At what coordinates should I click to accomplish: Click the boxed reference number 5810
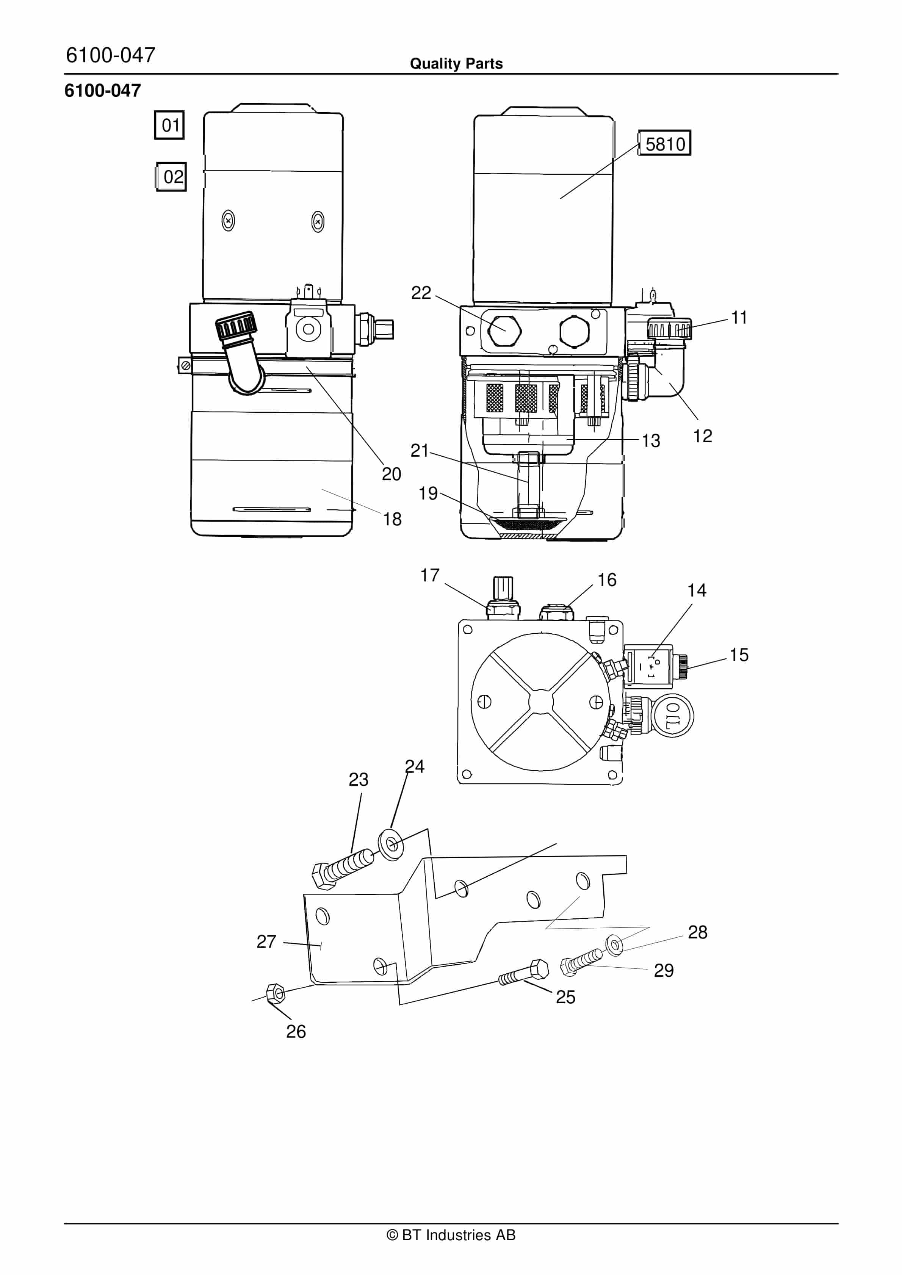pyautogui.click(x=664, y=143)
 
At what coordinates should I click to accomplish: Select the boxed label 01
pyautogui.click(x=169, y=125)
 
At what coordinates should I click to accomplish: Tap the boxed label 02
pyautogui.click(x=171, y=177)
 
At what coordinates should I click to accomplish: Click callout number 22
pyautogui.click(x=421, y=293)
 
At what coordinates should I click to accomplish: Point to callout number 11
pyautogui.click(x=739, y=318)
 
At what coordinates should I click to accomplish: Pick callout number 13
pyautogui.click(x=651, y=440)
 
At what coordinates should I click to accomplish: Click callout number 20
pyautogui.click(x=391, y=474)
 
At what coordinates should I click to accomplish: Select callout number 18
pyautogui.click(x=392, y=519)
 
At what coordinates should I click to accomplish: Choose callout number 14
pyautogui.click(x=697, y=590)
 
